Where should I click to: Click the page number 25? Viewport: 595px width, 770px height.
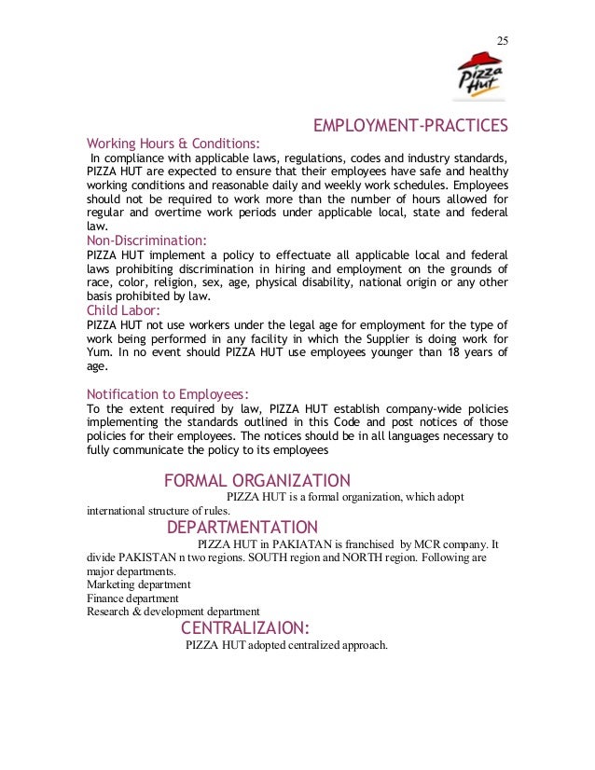tap(502, 40)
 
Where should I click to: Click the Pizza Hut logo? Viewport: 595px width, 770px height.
tap(480, 76)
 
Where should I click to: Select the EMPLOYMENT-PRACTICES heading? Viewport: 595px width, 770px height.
tap(410, 125)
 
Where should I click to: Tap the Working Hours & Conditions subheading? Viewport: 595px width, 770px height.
tap(173, 144)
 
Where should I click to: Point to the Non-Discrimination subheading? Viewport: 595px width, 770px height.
tap(146, 240)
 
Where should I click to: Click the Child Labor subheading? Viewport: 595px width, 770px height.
tap(123, 310)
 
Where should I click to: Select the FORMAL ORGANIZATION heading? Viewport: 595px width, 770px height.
tap(257, 481)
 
